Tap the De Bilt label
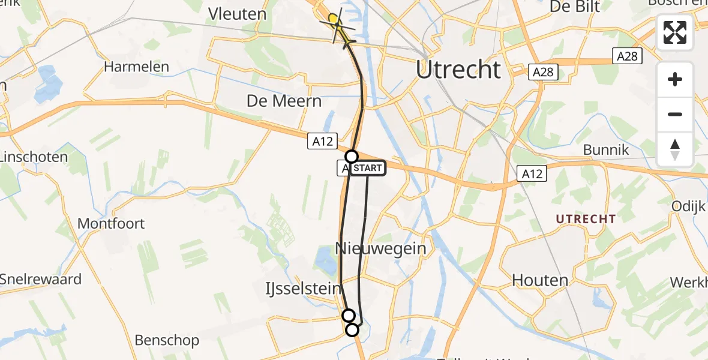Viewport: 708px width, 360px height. click(x=567, y=8)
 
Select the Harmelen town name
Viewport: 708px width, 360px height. click(x=137, y=67)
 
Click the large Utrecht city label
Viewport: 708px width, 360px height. click(x=458, y=70)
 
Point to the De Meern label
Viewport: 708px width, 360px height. click(x=284, y=100)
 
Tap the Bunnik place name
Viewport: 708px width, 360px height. click(x=606, y=149)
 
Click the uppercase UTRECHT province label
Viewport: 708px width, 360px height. click(x=586, y=219)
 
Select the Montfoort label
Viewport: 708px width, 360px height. click(x=111, y=224)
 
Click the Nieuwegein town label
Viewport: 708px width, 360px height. click(x=380, y=248)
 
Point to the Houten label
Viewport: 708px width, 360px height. click(x=540, y=280)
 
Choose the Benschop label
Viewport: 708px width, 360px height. click(x=167, y=341)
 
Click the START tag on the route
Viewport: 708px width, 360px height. click(x=368, y=169)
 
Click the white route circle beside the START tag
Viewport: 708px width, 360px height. click(x=351, y=157)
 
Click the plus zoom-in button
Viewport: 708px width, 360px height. click(x=675, y=80)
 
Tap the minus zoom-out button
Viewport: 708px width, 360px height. click(x=675, y=114)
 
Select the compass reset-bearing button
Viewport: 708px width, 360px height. click(x=675, y=149)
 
